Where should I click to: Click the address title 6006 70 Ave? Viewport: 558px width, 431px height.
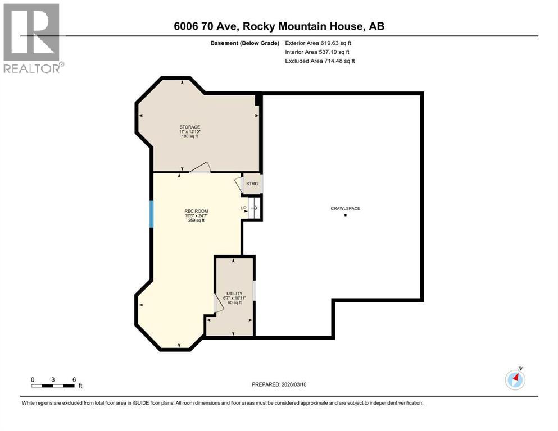[279, 26]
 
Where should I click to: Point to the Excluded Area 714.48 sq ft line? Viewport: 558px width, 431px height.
[320, 61]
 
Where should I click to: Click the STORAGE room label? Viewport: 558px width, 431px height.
[190, 127]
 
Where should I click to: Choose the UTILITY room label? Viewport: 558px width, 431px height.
[234, 294]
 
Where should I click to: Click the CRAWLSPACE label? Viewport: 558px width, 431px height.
[345, 208]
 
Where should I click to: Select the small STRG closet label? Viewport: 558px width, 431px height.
[252, 184]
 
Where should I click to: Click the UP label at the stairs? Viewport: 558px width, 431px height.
[243, 208]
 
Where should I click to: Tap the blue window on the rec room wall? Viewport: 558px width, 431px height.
[151, 214]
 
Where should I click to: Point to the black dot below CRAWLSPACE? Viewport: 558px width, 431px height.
[345, 215]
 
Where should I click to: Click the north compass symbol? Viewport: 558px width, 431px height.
[515, 379]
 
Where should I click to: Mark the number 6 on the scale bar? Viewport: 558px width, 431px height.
[74, 379]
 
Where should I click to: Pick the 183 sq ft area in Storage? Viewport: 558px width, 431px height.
[190, 136]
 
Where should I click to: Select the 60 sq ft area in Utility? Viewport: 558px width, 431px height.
[234, 302]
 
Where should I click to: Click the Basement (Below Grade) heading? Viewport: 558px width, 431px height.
[246, 43]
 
